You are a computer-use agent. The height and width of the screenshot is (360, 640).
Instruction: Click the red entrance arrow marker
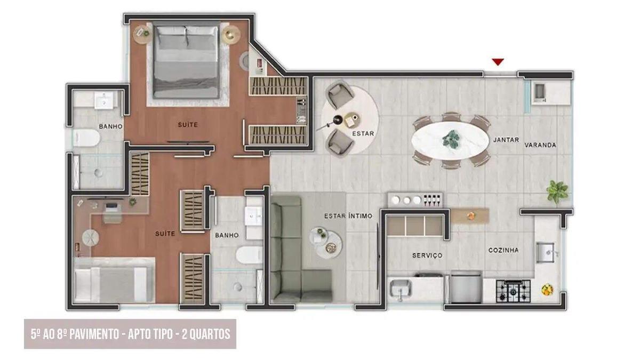(498, 62)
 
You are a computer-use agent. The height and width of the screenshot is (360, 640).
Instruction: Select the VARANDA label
(540, 145)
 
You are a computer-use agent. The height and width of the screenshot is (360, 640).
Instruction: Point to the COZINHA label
(503, 250)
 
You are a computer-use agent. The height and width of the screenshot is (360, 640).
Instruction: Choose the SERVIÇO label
(427, 255)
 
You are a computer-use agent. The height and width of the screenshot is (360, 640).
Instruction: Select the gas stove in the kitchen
(513, 291)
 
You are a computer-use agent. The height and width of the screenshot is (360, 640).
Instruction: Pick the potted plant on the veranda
(557, 190)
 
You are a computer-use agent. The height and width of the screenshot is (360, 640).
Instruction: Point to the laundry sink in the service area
(401, 290)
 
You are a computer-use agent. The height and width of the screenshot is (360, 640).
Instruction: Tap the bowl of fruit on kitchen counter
(547, 290)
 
